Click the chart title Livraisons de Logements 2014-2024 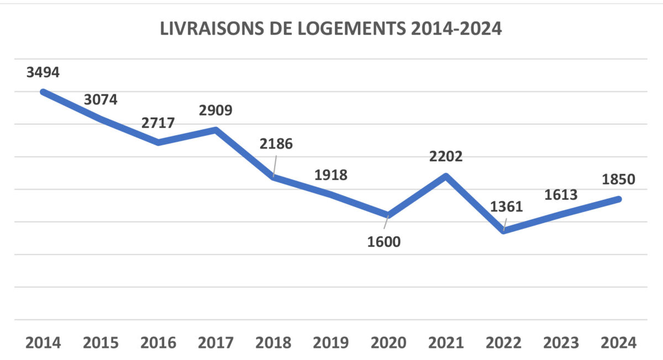coord(331,29)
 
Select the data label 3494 coord(43,72)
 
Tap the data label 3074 coord(101,99)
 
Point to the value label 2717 coord(158,123)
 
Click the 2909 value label coord(215,110)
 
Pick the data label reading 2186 coord(276,144)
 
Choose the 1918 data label coord(331,175)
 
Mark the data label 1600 coord(384,242)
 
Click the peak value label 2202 coord(445,156)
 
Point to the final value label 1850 coord(618,179)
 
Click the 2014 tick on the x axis coord(43,343)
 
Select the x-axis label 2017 coord(215,343)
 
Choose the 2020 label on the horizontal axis coord(388,343)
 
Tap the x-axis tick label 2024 coord(618,343)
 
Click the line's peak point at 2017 coord(216,130)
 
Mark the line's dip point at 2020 coord(388,215)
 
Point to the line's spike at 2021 coord(446,176)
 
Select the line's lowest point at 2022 coord(503,231)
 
